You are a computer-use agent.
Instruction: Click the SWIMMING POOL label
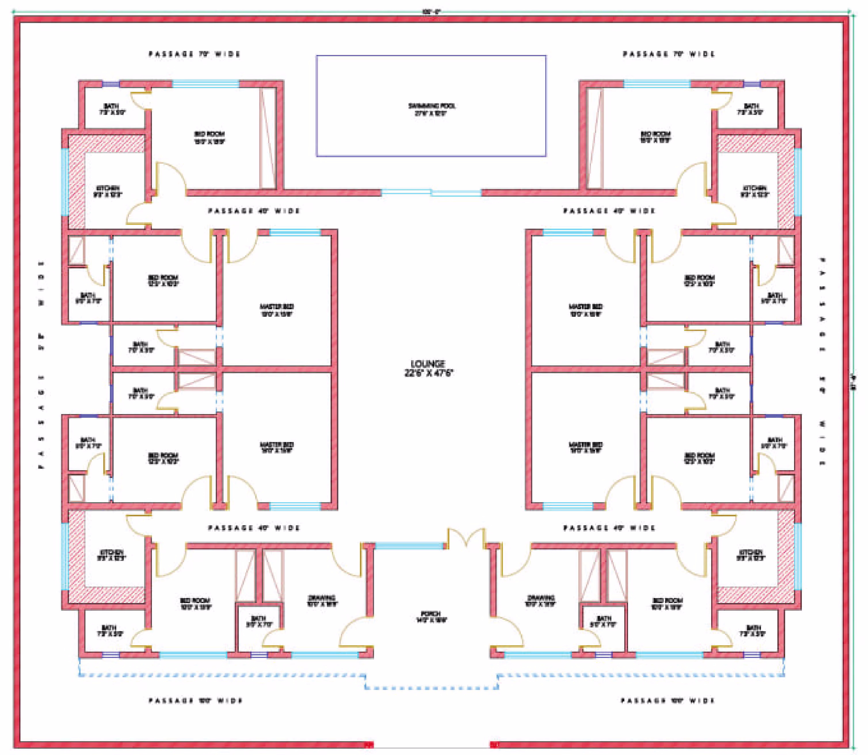click(x=432, y=105)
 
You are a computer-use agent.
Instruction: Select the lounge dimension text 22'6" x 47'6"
click(x=428, y=373)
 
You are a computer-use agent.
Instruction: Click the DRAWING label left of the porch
click(x=322, y=598)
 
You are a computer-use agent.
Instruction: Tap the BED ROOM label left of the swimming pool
click(x=209, y=134)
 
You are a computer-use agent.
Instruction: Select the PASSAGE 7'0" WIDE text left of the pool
click(x=194, y=54)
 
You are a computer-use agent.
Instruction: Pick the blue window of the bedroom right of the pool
click(x=657, y=84)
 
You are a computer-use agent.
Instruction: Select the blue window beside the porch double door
click(x=409, y=546)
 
